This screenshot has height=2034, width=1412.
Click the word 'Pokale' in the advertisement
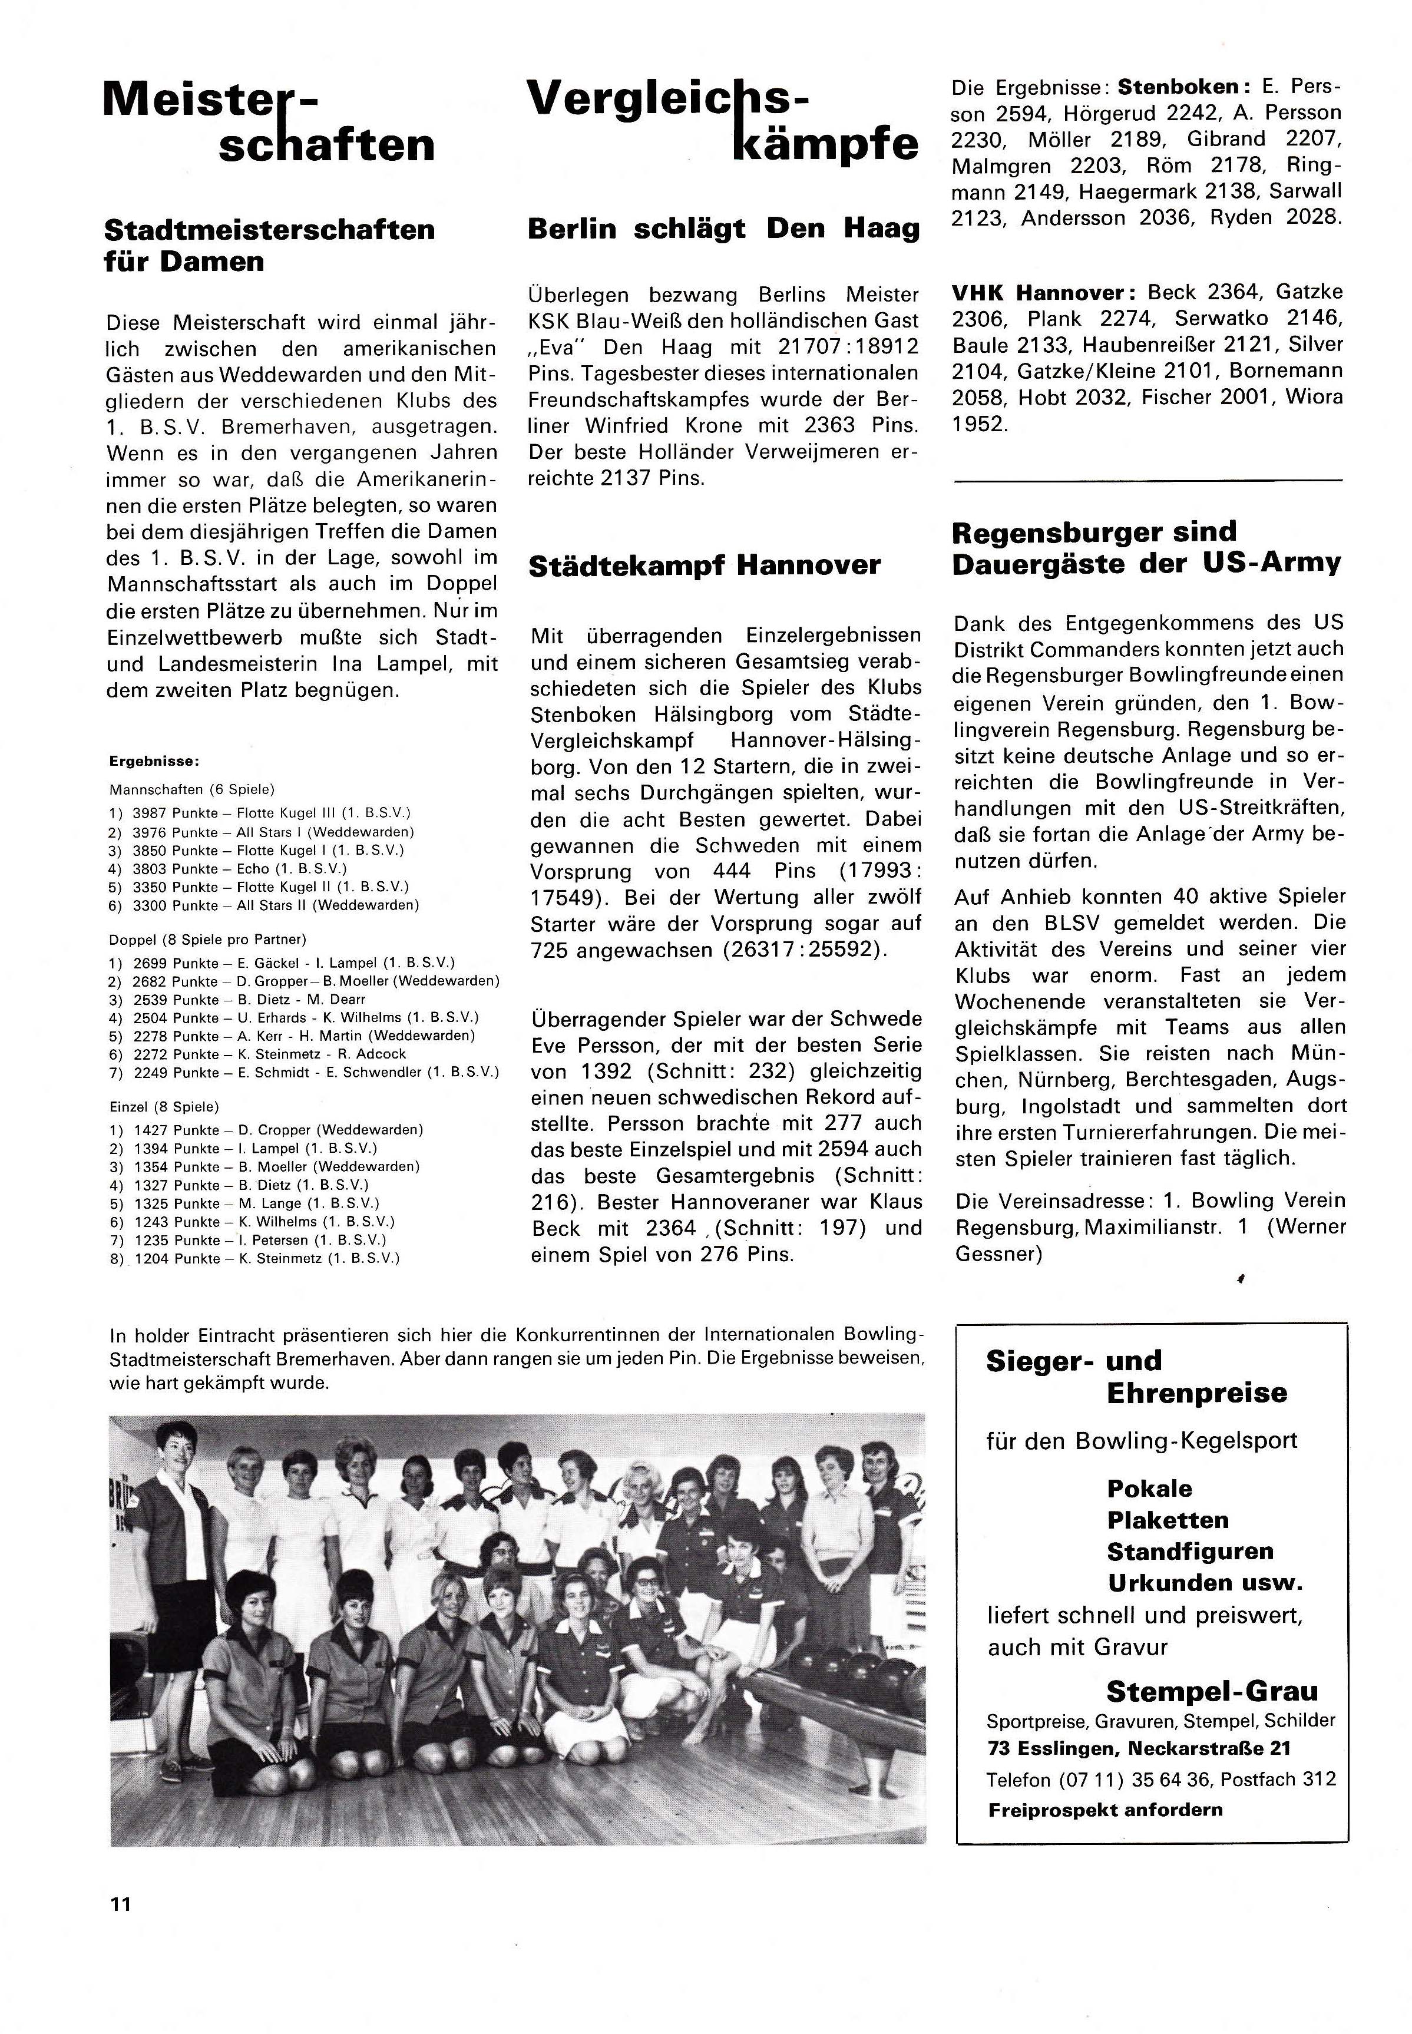pyautogui.click(x=1149, y=1488)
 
